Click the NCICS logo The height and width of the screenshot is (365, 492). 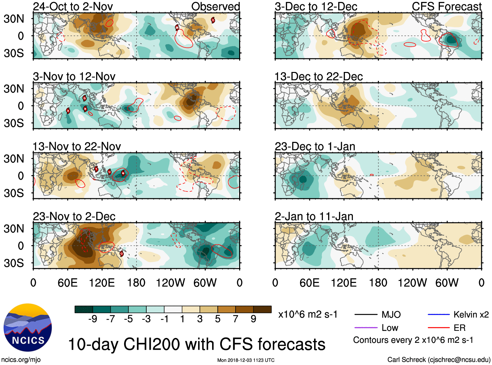pos(27,328)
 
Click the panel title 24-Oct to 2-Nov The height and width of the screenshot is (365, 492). pos(73,7)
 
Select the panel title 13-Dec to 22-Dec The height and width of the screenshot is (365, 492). pos(318,77)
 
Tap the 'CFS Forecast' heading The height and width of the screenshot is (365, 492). pos(446,7)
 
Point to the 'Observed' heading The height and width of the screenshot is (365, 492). pos(215,7)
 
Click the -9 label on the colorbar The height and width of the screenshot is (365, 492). pos(93,319)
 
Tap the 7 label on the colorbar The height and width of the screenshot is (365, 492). pos(236,319)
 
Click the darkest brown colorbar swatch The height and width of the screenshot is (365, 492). pos(262,309)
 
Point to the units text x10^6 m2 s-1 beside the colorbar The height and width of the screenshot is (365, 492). pos(308,315)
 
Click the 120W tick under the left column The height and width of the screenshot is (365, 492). pos(170,283)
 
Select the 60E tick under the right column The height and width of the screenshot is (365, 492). pos(309,283)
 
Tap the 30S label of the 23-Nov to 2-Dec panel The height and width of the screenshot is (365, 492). pos(14,263)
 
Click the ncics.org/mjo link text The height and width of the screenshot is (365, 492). pos(21,359)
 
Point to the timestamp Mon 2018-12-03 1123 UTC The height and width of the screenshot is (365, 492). pos(246,360)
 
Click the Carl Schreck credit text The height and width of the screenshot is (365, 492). pos(439,359)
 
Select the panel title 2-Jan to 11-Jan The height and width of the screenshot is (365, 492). pos(314,217)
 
